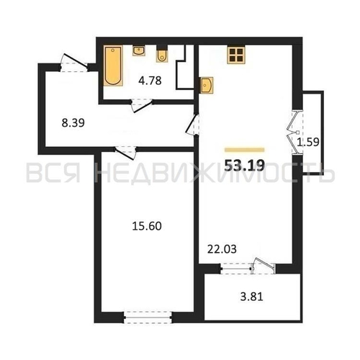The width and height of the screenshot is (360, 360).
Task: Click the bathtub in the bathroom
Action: [113, 66]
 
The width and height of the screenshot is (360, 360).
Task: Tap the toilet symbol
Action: [162, 56]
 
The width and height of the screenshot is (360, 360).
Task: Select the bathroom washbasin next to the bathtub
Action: [139, 51]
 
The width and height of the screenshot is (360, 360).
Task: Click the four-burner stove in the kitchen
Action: [236, 55]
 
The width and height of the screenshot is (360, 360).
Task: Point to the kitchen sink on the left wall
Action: [207, 85]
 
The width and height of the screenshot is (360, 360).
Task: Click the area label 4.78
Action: [150, 81]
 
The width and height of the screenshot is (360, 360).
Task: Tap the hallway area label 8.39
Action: [73, 123]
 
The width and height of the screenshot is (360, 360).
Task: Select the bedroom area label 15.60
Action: [147, 226]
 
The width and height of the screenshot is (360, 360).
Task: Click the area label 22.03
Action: [222, 249]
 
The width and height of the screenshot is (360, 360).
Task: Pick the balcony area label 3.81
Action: [252, 297]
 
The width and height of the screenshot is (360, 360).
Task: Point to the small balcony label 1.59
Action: [308, 142]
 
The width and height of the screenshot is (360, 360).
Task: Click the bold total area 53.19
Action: [245, 165]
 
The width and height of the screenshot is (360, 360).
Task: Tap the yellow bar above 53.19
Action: [245, 150]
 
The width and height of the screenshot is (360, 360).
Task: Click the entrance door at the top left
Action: [74, 63]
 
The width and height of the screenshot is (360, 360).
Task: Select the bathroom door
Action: [142, 105]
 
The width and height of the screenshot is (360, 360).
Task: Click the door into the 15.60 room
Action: [125, 153]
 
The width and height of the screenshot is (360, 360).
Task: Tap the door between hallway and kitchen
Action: [193, 125]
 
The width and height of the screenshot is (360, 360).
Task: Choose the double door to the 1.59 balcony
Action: [297, 132]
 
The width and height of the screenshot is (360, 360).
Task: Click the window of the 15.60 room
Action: [148, 318]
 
